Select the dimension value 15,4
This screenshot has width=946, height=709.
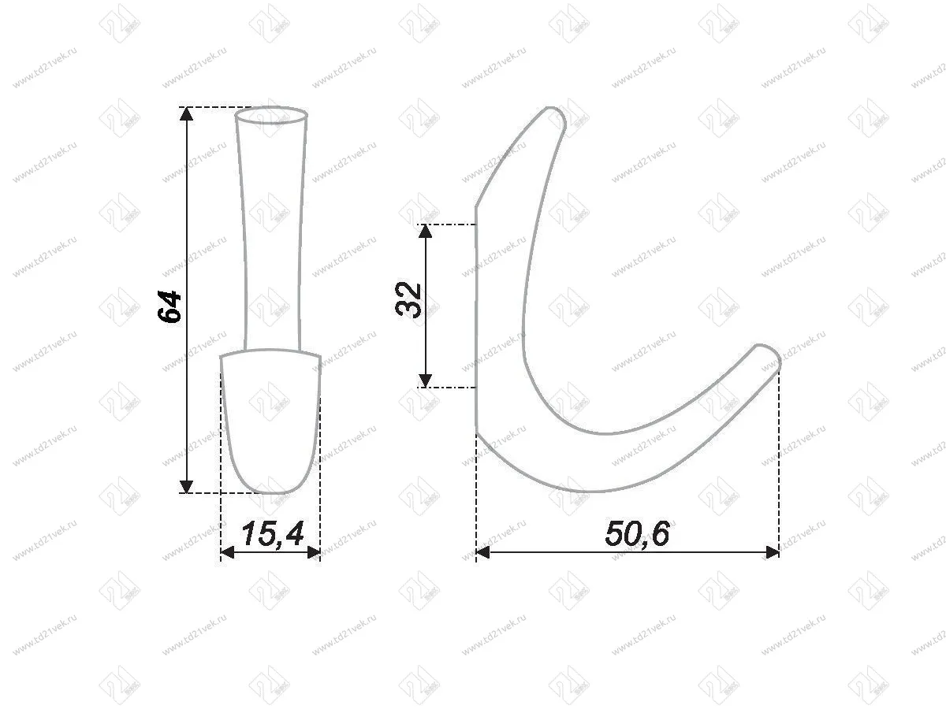coord(272,535)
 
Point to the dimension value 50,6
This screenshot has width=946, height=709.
coord(637,535)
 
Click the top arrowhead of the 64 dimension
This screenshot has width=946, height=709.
coord(186,114)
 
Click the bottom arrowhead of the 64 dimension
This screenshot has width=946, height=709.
coord(186,485)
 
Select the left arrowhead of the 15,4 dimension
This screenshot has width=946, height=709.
coord(229,552)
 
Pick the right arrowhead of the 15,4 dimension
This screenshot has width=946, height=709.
coord(313,552)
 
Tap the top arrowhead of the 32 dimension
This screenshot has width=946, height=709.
coord(426,231)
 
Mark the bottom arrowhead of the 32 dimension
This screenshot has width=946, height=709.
coord(426,380)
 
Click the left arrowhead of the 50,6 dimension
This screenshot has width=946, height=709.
coord(484,552)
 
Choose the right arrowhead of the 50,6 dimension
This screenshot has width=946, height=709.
coord(772,552)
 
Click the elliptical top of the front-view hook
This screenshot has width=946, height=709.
coord(271,115)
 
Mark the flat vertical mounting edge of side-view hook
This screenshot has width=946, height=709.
coord(477,315)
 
